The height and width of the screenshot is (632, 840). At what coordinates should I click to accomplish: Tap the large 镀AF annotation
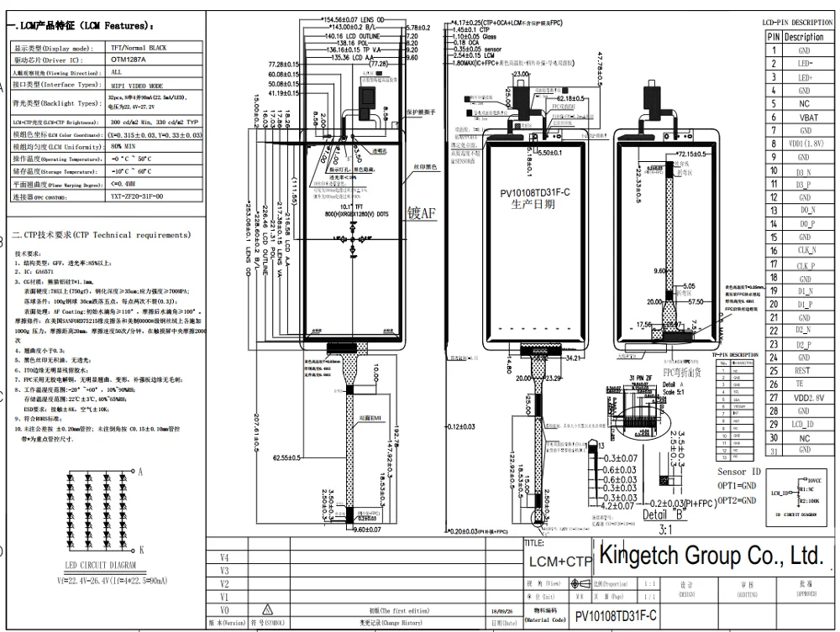(422, 212)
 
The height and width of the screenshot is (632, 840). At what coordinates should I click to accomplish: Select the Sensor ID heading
(738, 473)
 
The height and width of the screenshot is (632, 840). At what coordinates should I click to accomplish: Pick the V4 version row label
(223, 556)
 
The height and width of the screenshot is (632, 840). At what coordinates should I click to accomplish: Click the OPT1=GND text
(737, 487)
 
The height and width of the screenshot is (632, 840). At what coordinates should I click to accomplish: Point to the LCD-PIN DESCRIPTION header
(797, 23)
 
